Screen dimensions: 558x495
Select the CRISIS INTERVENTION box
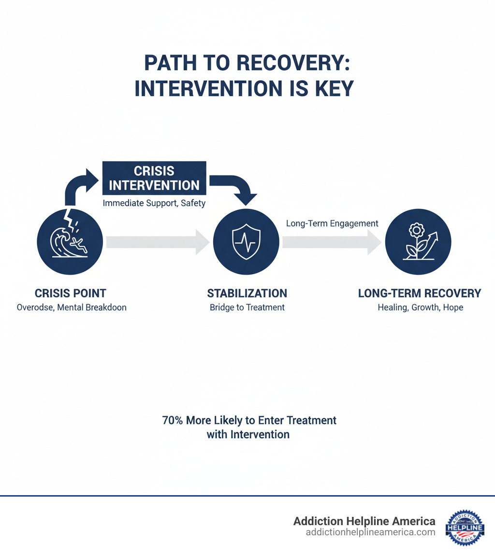(x=154, y=178)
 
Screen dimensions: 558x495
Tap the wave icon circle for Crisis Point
(x=71, y=241)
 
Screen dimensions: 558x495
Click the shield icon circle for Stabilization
(x=247, y=241)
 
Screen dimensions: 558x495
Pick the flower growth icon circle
(x=418, y=241)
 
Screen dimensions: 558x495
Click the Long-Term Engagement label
(x=332, y=223)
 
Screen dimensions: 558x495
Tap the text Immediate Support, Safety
(x=154, y=203)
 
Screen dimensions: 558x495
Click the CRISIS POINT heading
(x=71, y=293)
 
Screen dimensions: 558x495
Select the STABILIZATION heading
(x=247, y=293)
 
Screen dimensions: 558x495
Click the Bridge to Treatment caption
(x=247, y=307)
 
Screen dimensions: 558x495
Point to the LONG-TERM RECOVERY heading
(x=420, y=293)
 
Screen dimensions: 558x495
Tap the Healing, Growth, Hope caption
(x=420, y=307)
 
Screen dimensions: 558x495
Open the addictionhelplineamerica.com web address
(x=371, y=532)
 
